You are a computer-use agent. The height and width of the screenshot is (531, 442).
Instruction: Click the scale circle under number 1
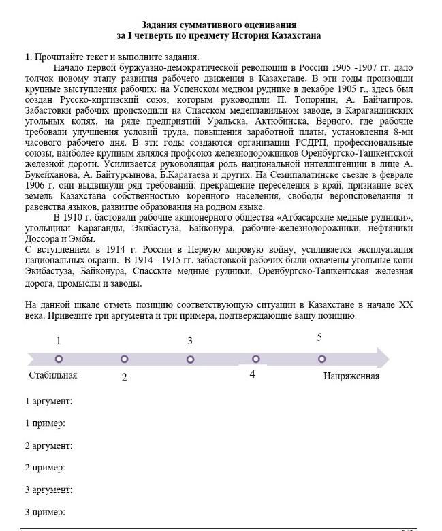[59, 359]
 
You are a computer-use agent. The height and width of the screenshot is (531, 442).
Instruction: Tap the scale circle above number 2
[124, 359]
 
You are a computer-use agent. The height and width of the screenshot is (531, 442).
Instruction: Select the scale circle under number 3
[190, 359]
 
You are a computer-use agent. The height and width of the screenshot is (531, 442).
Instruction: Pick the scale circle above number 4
[255, 359]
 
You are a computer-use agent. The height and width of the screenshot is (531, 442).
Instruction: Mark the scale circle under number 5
[321, 359]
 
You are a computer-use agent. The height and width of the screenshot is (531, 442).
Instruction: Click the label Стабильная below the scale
[53, 375]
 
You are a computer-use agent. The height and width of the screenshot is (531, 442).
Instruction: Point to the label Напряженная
[351, 376]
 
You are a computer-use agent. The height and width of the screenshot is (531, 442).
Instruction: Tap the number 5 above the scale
[319, 336]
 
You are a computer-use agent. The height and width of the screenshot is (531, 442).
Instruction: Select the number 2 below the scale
[125, 377]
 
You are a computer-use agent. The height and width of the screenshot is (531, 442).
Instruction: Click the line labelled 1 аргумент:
[48, 401]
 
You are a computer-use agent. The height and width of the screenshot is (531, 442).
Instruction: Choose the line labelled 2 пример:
[45, 467]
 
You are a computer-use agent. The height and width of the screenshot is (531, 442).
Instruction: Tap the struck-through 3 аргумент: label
[48, 489]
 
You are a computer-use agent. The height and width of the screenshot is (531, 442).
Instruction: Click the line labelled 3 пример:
[45, 512]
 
